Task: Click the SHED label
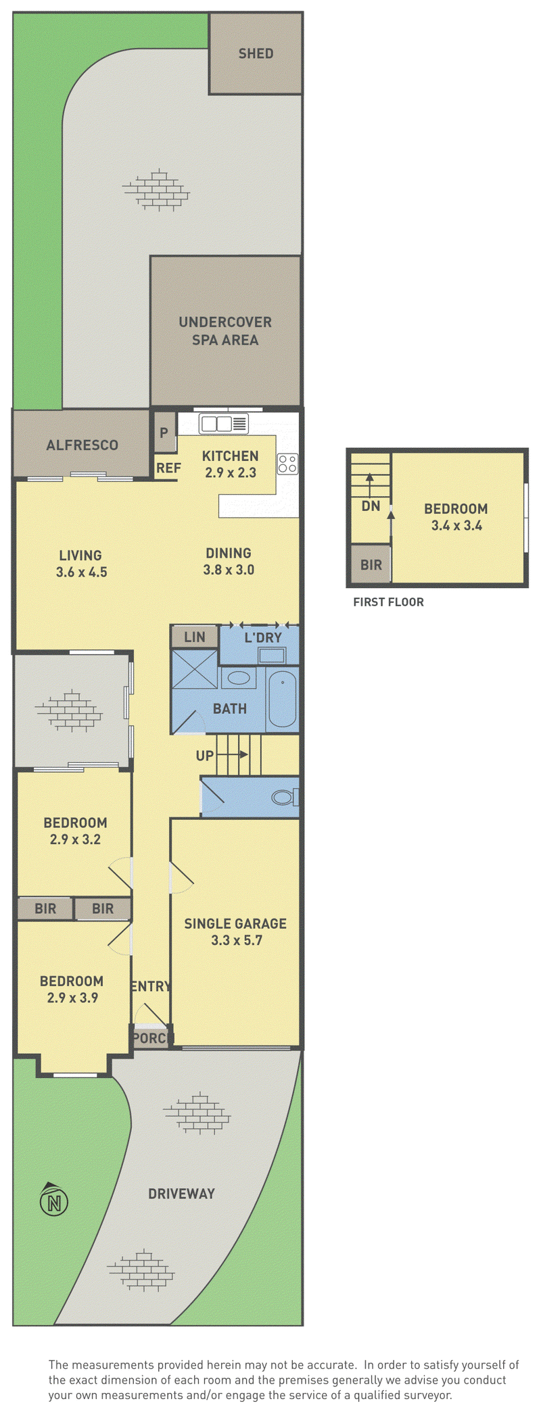[256, 53]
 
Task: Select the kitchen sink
[224, 424]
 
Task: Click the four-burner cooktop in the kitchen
[287, 463]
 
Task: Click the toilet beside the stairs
[285, 797]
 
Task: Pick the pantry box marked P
[164, 432]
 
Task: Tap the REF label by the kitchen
[168, 468]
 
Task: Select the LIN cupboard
[195, 637]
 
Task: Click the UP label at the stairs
[205, 756]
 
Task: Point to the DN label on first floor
[371, 506]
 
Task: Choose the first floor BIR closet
[371, 565]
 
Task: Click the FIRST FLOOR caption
[389, 602]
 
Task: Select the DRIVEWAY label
[181, 1194]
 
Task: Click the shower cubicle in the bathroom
[195, 669]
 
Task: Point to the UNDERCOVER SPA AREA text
[225, 331]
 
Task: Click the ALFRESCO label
[83, 445]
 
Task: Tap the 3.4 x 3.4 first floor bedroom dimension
[457, 526]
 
